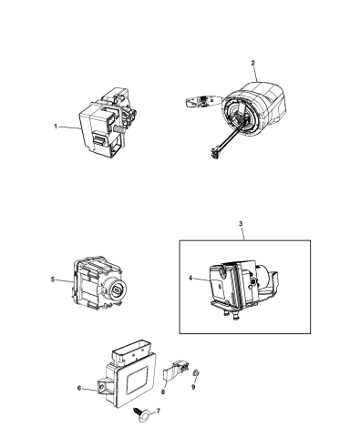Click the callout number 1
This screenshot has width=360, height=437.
[x=56, y=128]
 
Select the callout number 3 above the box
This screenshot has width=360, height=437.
[x=240, y=224]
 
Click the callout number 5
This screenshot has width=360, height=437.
[x=54, y=280]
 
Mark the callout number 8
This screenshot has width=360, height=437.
[x=161, y=392]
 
